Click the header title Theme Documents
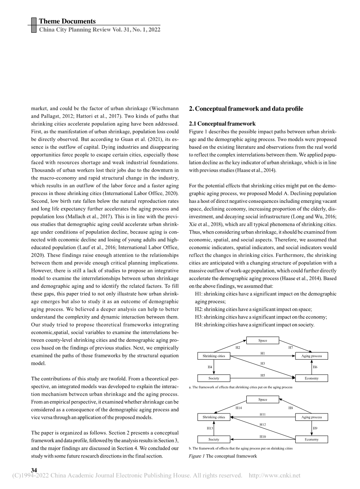pyautogui.click(x=67, y=21)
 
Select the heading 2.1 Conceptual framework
pyautogui.click(x=222, y=124)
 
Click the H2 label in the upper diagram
pyautogui.click(x=238, y=347)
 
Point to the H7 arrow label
pyautogui.click(x=291, y=347)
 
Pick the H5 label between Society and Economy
pyautogui.click(x=263, y=375)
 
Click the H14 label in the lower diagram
pyautogui.click(x=239, y=408)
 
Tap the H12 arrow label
pyautogui.click(x=263, y=424)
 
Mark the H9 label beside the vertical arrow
pyautogui.click(x=315, y=428)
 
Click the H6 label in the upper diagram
pyautogui.click(x=315, y=367)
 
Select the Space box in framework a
pyautogui.click(x=263, y=341)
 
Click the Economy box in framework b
pyautogui.click(x=311, y=440)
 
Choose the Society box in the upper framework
pyautogui.click(x=214, y=378)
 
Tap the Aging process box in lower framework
pyautogui.click(x=311, y=417)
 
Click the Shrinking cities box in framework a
pyautogui.click(x=214, y=356)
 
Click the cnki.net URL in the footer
pyautogui.click(x=274, y=475)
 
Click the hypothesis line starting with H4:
pyautogui.click(x=255, y=324)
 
